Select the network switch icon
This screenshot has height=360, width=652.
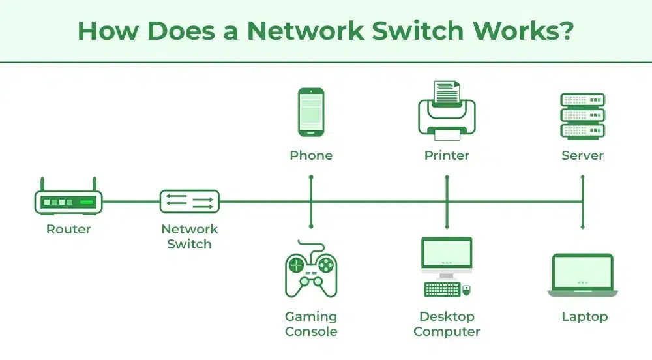pyautogui.click(x=190, y=201)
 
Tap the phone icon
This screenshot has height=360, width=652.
pyautogui.click(x=311, y=113)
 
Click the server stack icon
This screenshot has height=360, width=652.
pyautogui.click(x=582, y=115)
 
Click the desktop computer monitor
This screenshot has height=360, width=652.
pyautogui.click(x=447, y=255)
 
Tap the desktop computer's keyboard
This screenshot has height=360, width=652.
pyautogui.click(x=441, y=289)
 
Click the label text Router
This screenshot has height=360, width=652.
pyautogui.click(x=68, y=229)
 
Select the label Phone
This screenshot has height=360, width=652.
pyautogui.click(x=311, y=155)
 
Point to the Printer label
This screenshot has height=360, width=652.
pyautogui.click(x=447, y=155)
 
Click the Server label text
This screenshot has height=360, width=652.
pyautogui.click(x=582, y=155)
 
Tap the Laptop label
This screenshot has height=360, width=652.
pyautogui.click(x=584, y=316)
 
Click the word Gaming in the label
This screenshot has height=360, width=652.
pyautogui.click(x=311, y=316)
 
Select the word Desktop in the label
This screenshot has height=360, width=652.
pyautogui.click(x=447, y=316)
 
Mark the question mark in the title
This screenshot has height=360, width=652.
pyautogui.click(x=565, y=31)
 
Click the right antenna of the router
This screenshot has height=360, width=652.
pyautogui.click(x=94, y=184)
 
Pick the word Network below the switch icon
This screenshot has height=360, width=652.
pyautogui.click(x=190, y=229)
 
